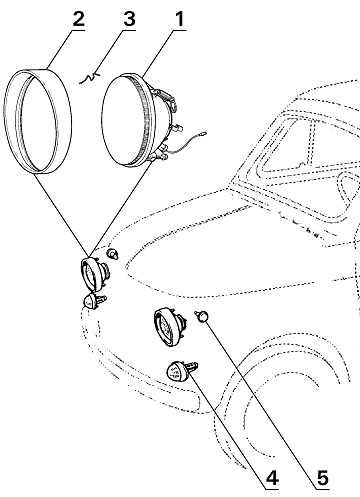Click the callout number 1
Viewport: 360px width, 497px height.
pyautogui.click(x=180, y=19)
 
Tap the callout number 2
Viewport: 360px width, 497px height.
pyautogui.click(x=78, y=19)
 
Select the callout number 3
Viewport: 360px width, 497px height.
pyautogui.click(x=129, y=19)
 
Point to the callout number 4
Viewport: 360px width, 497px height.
pyautogui.click(x=272, y=478)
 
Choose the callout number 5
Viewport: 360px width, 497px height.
pyautogui.click(x=323, y=478)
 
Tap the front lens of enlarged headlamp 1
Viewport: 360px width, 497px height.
pyautogui.click(x=128, y=120)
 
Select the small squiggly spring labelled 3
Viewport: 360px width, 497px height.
pyautogui.click(x=89, y=78)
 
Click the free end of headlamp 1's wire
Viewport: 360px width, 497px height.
pyautogui.click(x=204, y=134)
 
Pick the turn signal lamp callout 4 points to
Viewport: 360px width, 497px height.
pyautogui.click(x=177, y=371)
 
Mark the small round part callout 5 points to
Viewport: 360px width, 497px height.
pyautogui.click(x=202, y=316)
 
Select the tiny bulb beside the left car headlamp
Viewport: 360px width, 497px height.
pyautogui.click(x=112, y=254)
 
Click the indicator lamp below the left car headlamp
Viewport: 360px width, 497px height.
pyautogui.click(x=94, y=301)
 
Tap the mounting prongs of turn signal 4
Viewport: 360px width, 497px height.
pyautogui.click(x=193, y=368)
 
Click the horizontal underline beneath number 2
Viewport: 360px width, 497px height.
pyautogui.click(x=74, y=31)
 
